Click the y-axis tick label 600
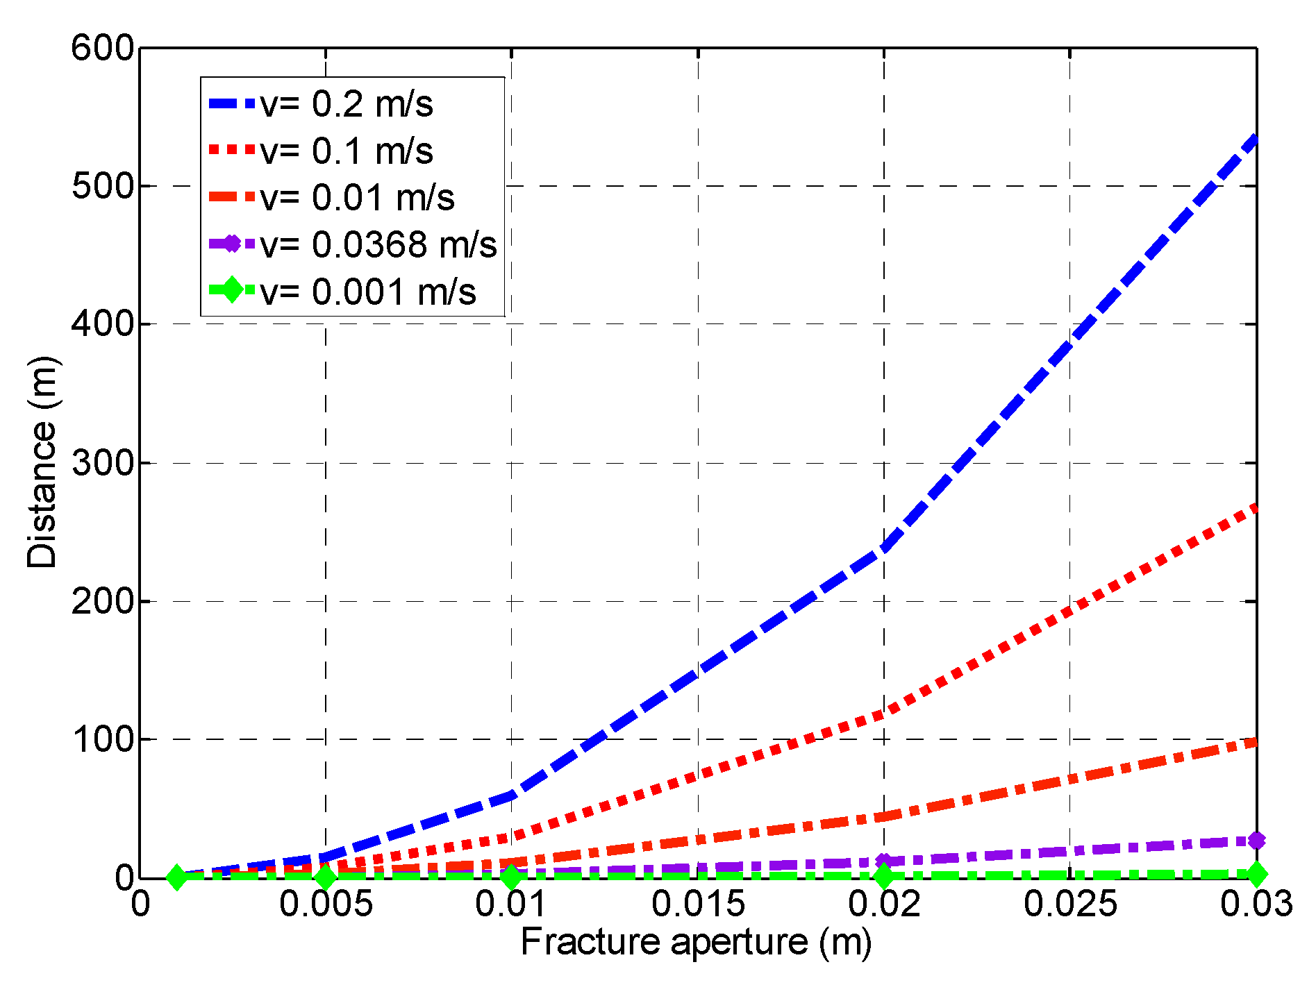point(102,49)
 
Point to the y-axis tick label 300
point(102,463)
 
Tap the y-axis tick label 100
point(102,740)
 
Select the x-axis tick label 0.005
point(326,904)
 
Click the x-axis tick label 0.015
point(698,904)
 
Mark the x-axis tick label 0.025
point(1070,904)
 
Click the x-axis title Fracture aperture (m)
point(697,943)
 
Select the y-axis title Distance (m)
point(42,463)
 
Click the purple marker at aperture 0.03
point(1256,841)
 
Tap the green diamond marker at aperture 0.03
point(1256,874)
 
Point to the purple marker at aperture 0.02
point(883,861)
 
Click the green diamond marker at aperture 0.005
point(326,877)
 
